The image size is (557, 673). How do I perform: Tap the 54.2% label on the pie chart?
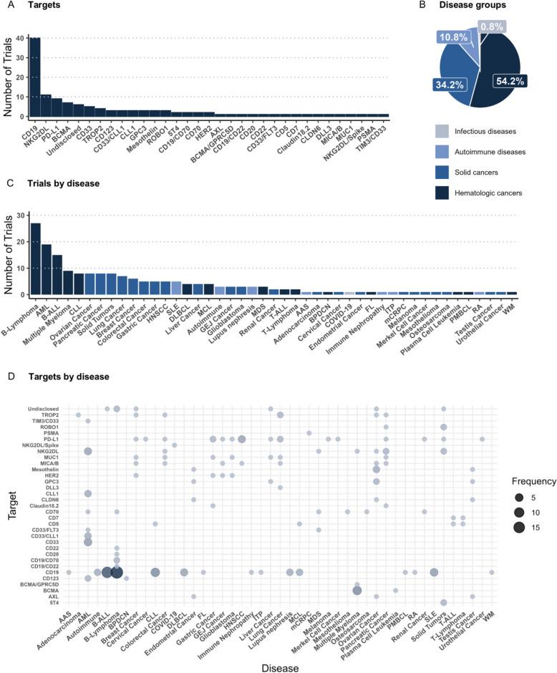pos(510,82)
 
